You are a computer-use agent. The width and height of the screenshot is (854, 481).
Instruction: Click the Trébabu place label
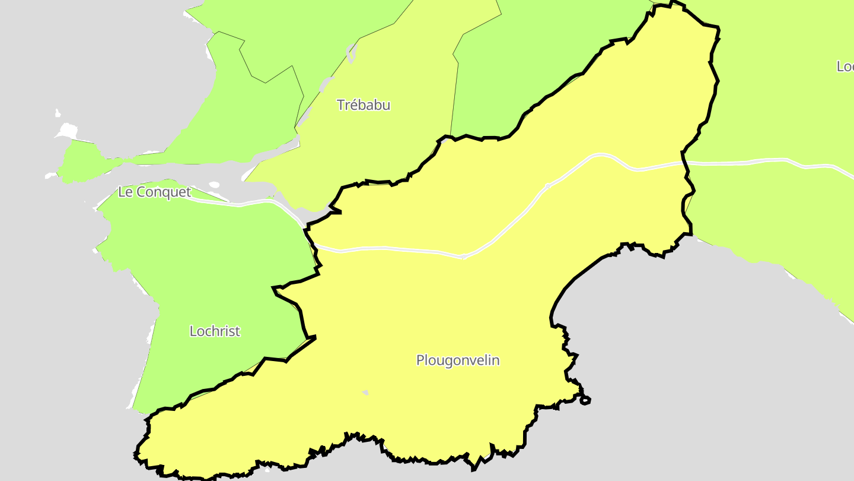click(x=364, y=105)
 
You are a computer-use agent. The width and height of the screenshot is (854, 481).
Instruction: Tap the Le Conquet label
click(x=154, y=192)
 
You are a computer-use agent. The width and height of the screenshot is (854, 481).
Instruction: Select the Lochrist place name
click(x=215, y=331)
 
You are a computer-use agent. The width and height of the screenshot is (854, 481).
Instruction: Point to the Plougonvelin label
click(x=458, y=360)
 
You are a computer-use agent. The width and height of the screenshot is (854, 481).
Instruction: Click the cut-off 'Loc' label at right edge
click(x=845, y=67)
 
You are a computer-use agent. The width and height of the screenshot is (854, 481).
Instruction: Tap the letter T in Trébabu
click(x=341, y=105)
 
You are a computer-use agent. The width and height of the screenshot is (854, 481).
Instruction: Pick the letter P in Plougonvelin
click(x=420, y=360)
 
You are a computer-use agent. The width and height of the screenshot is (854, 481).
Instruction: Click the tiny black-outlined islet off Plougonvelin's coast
click(x=585, y=400)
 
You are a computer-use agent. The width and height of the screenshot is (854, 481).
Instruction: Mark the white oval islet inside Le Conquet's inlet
click(x=214, y=185)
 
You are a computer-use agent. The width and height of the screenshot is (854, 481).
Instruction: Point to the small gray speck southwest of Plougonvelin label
click(x=365, y=393)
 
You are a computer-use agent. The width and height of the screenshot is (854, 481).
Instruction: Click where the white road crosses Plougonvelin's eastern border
click(x=684, y=162)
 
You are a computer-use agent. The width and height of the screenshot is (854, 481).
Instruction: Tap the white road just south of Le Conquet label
click(x=237, y=205)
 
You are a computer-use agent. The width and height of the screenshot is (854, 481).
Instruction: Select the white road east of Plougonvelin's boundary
click(x=771, y=160)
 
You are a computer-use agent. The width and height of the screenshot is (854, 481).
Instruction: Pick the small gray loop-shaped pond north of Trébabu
click(x=352, y=53)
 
